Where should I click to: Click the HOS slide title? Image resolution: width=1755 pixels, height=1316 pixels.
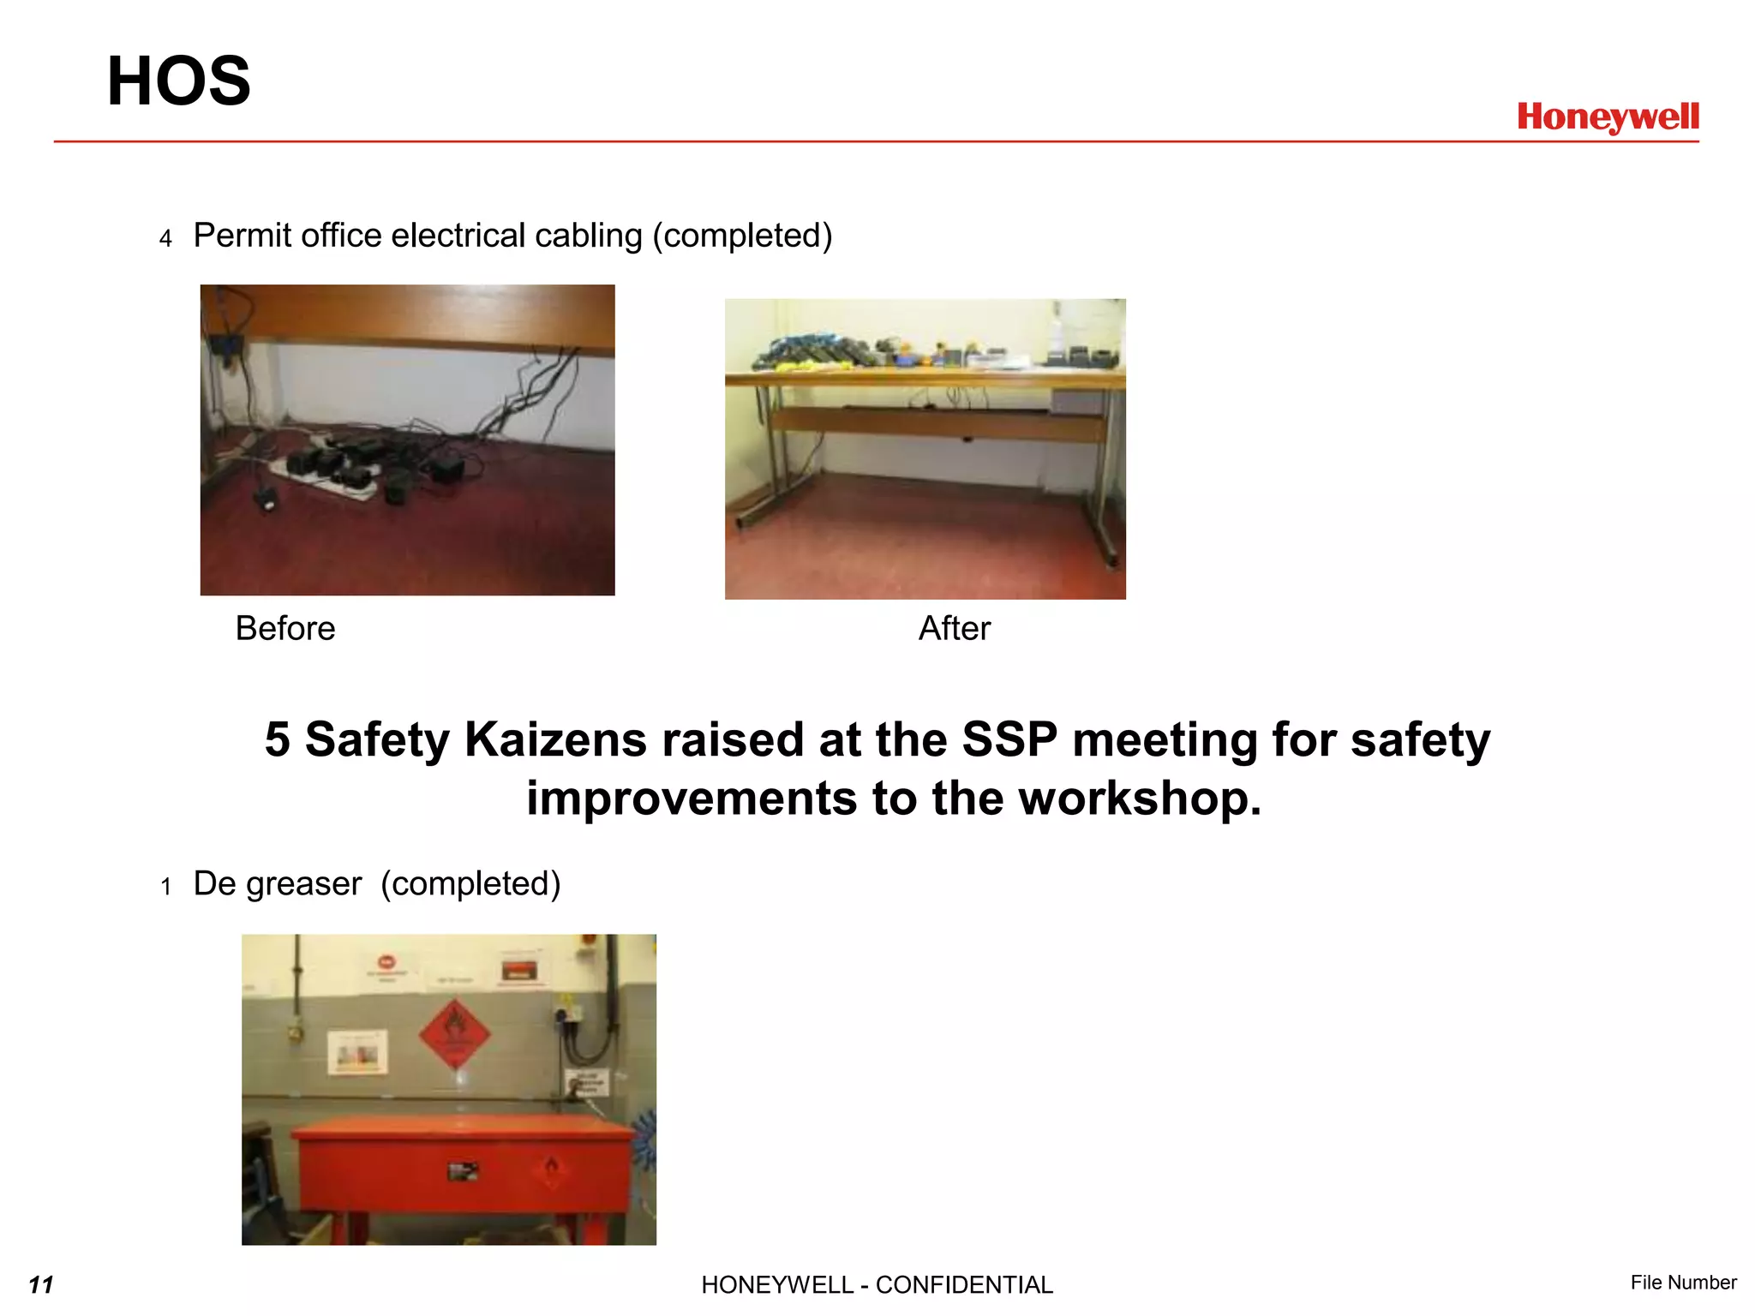pyautogui.click(x=178, y=81)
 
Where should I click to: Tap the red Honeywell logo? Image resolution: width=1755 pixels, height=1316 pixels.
pyautogui.click(x=1608, y=117)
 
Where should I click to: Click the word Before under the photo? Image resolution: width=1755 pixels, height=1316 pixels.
pyautogui.click(x=285, y=628)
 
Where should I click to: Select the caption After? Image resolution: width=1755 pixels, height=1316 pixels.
pyautogui.click(x=954, y=628)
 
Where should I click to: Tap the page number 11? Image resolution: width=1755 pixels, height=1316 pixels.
pyautogui.click(x=40, y=1284)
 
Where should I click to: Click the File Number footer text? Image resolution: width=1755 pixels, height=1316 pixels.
pyautogui.click(x=1683, y=1283)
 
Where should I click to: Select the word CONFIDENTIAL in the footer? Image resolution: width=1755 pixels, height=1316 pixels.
pyautogui.click(x=964, y=1285)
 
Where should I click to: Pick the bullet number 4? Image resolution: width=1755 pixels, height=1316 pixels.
pyautogui.click(x=165, y=238)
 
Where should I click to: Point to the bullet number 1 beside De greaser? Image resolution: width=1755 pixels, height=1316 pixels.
pyautogui.click(x=165, y=887)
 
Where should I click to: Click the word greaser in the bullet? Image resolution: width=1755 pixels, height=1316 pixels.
pyautogui.click(x=303, y=884)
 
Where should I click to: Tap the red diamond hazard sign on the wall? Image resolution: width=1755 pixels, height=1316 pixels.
pyautogui.click(x=454, y=1034)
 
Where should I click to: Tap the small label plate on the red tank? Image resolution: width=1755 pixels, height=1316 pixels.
pyautogui.click(x=463, y=1170)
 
